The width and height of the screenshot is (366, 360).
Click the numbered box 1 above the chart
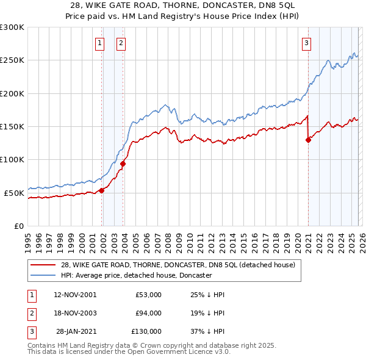pos(99,43)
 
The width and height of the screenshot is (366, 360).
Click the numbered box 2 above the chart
pos(121,43)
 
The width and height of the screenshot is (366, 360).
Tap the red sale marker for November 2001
pos(102,190)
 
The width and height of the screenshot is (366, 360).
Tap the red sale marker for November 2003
pos(123,164)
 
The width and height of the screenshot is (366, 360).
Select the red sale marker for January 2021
pos(308,140)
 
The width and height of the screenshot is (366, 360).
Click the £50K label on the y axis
pos(14,193)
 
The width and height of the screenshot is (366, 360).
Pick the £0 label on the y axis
pos(20,226)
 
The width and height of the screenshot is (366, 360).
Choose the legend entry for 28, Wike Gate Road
pos(178,265)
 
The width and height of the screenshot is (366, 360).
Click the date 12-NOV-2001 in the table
pos(75,295)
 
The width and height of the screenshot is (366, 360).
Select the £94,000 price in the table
pos(148,313)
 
